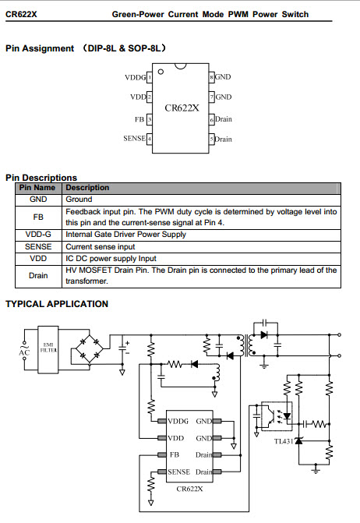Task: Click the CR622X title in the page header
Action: pyautogui.click(x=21, y=14)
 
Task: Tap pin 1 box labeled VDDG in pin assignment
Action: pyautogui.click(x=150, y=77)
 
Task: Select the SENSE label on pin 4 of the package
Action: pyautogui.click(x=134, y=139)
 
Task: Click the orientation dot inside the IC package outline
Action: pyautogui.click(x=161, y=72)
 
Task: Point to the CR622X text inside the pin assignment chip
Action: pyautogui.click(x=182, y=108)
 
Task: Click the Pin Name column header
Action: pyautogui.click(x=37, y=188)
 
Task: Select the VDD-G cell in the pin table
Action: pyautogui.click(x=38, y=235)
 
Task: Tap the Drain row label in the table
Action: pyautogui.click(x=38, y=276)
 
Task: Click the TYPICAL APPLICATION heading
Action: pyautogui.click(x=57, y=304)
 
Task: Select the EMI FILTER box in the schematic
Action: pyautogui.click(x=48, y=349)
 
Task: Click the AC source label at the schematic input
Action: pyautogui.click(x=24, y=352)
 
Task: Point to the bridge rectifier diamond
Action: pyautogui.click(x=90, y=349)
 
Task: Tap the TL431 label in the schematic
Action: pyautogui.click(x=284, y=441)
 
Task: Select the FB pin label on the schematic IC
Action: pyautogui.click(x=175, y=454)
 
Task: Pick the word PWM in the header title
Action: pyautogui.click(x=238, y=14)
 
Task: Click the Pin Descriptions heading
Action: pyautogui.click(x=41, y=178)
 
